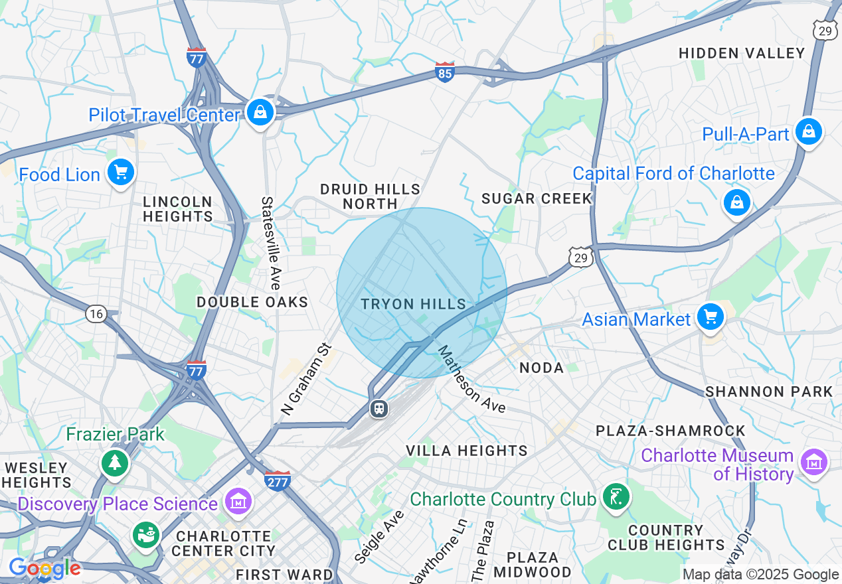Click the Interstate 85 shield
click(x=445, y=72)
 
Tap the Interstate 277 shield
click(x=277, y=480)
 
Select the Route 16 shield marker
click(x=96, y=314)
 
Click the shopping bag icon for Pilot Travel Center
click(x=261, y=113)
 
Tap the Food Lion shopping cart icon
click(x=121, y=173)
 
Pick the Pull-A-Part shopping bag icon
click(x=808, y=131)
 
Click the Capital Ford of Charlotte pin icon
click(x=737, y=202)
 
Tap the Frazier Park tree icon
click(x=116, y=462)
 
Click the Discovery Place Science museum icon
click(x=238, y=502)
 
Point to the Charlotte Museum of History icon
click(x=813, y=462)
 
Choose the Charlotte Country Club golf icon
click(x=616, y=496)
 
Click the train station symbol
click(x=379, y=408)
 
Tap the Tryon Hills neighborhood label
click(x=414, y=304)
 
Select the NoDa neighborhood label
click(x=541, y=368)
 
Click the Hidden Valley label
click(x=742, y=53)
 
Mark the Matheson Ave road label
click(x=471, y=380)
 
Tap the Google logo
click(x=44, y=568)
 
